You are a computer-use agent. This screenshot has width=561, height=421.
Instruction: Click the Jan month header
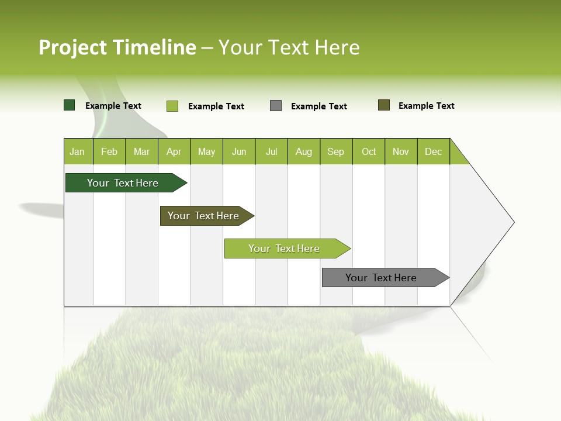(x=78, y=151)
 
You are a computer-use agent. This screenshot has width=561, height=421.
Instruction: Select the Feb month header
(x=109, y=151)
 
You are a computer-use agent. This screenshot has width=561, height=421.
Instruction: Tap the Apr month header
(x=174, y=151)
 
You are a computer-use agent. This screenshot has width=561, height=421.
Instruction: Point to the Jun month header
(x=239, y=151)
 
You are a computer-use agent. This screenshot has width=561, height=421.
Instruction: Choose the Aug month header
(x=304, y=151)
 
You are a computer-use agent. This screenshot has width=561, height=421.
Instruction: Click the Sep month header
(x=336, y=151)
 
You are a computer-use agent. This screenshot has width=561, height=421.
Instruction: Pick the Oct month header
(x=369, y=151)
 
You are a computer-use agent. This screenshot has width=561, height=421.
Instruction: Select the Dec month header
(x=434, y=151)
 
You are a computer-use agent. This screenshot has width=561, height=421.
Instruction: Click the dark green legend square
(x=70, y=105)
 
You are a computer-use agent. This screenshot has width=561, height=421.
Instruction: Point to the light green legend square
(x=172, y=106)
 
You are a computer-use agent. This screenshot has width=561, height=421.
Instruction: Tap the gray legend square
(x=276, y=106)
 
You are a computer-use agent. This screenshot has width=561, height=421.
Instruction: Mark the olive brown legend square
(x=384, y=105)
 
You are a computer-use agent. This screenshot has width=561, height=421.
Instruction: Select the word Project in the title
(x=73, y=47)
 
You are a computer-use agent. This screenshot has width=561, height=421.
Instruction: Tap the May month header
(x=206, y=151)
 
